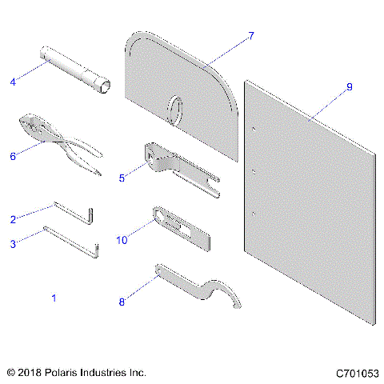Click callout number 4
[x=13, y=80]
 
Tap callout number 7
[x=251, y=36]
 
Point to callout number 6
[x=13, y=156]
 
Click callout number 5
[x=122, y=178]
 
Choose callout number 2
[x=13, y=218]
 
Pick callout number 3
[x=13, y=244]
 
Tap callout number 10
[x=122, y=239]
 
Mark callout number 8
[x=122, y=302]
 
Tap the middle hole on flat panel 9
[x=252, y=171]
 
